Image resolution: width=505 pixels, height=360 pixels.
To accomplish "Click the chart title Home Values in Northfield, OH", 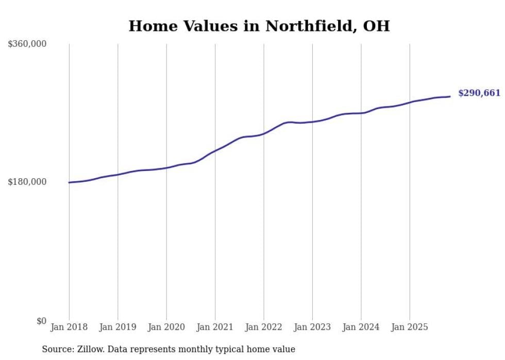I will pos(259,26).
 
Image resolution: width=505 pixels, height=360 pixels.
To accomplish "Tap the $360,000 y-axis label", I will pos(27,44).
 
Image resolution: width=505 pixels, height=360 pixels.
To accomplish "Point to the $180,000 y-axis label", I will pos(27,182).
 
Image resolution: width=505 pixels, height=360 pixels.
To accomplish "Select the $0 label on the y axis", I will pos(41,321).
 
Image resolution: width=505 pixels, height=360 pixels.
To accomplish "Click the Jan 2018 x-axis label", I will pos(69,327).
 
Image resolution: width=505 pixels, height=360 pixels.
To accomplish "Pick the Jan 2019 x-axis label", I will pos(117,327).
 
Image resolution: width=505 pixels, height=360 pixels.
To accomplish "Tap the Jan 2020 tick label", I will pos(166,327).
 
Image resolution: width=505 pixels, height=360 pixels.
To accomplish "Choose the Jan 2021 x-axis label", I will pos(215,327).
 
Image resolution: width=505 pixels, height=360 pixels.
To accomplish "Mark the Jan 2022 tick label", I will pos(264,327).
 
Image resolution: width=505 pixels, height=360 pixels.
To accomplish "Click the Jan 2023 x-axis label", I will pos(312,327).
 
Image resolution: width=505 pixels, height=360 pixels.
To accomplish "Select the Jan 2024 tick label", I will pos(361,327).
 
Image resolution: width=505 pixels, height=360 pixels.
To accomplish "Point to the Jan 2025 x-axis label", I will pos(410,327).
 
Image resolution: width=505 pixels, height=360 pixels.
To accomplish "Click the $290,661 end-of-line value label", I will pos(479,93).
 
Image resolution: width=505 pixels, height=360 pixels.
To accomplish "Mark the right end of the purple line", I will pos(450,96).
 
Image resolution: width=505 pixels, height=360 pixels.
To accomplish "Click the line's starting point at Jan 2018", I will pos(69,182).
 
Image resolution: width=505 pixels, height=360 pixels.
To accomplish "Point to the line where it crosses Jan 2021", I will pos(215,150).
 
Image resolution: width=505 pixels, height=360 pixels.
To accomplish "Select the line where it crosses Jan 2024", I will pos(361,113).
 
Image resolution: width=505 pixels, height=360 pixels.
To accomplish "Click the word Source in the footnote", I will pos(57,349).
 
